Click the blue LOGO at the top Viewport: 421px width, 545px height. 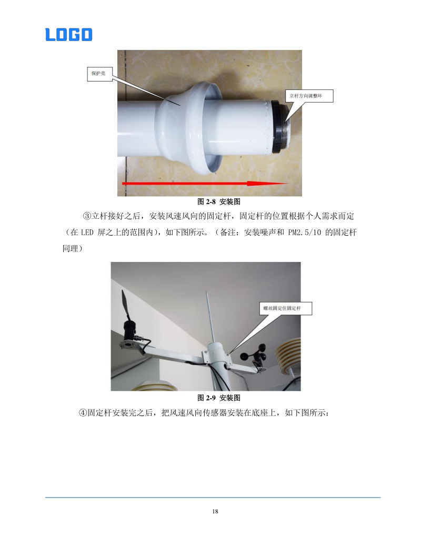[x=69, y=34]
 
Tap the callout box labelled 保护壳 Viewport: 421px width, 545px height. [x=99, y=74]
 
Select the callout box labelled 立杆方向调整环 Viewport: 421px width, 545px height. [x=309, y=96]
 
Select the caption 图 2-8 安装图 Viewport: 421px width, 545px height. [x=219, y=201]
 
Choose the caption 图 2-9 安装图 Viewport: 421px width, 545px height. [x=219, y=398]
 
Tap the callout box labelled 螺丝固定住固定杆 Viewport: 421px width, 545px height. [x=285, y=308]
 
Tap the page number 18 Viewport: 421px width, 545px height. [x=215, y=511]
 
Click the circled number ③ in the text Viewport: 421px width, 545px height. [x=87, y=216]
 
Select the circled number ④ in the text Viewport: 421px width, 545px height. [x=83, y=413]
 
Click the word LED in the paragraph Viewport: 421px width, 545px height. [x=87, y=233]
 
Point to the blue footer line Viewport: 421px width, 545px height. [x=213, y=497]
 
